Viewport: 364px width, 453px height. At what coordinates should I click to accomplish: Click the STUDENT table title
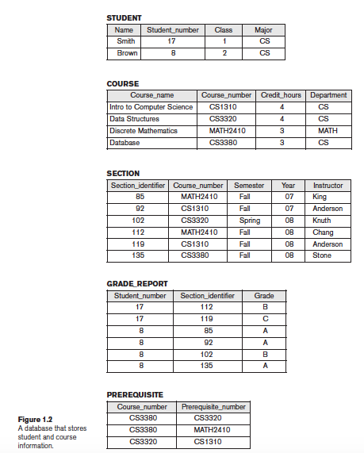[x=125, y=17]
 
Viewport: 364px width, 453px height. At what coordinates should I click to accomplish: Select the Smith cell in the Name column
[x=125, y=41]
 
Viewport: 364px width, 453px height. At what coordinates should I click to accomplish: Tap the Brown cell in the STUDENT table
[x=127, y=53]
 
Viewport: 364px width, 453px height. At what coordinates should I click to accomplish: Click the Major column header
[x=264, y=29]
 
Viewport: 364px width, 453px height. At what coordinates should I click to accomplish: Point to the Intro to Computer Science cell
[x=151, y=107]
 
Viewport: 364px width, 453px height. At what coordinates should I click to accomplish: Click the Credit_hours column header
[x=282, y=95]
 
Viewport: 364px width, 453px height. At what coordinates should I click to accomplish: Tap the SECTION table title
[x=123, y=173]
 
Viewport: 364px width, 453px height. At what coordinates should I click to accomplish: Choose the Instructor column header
[x=328, y=185]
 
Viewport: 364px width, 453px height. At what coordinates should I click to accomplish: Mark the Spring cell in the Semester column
[x=249, y=221]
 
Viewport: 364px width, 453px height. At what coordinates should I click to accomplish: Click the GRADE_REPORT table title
[x=136, y=283]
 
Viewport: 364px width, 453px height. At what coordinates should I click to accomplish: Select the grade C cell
[x=264, y=319]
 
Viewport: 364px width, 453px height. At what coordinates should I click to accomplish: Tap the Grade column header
[x=264, y=295]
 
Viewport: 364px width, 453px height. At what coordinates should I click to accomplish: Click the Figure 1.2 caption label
[x=36, y=420]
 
